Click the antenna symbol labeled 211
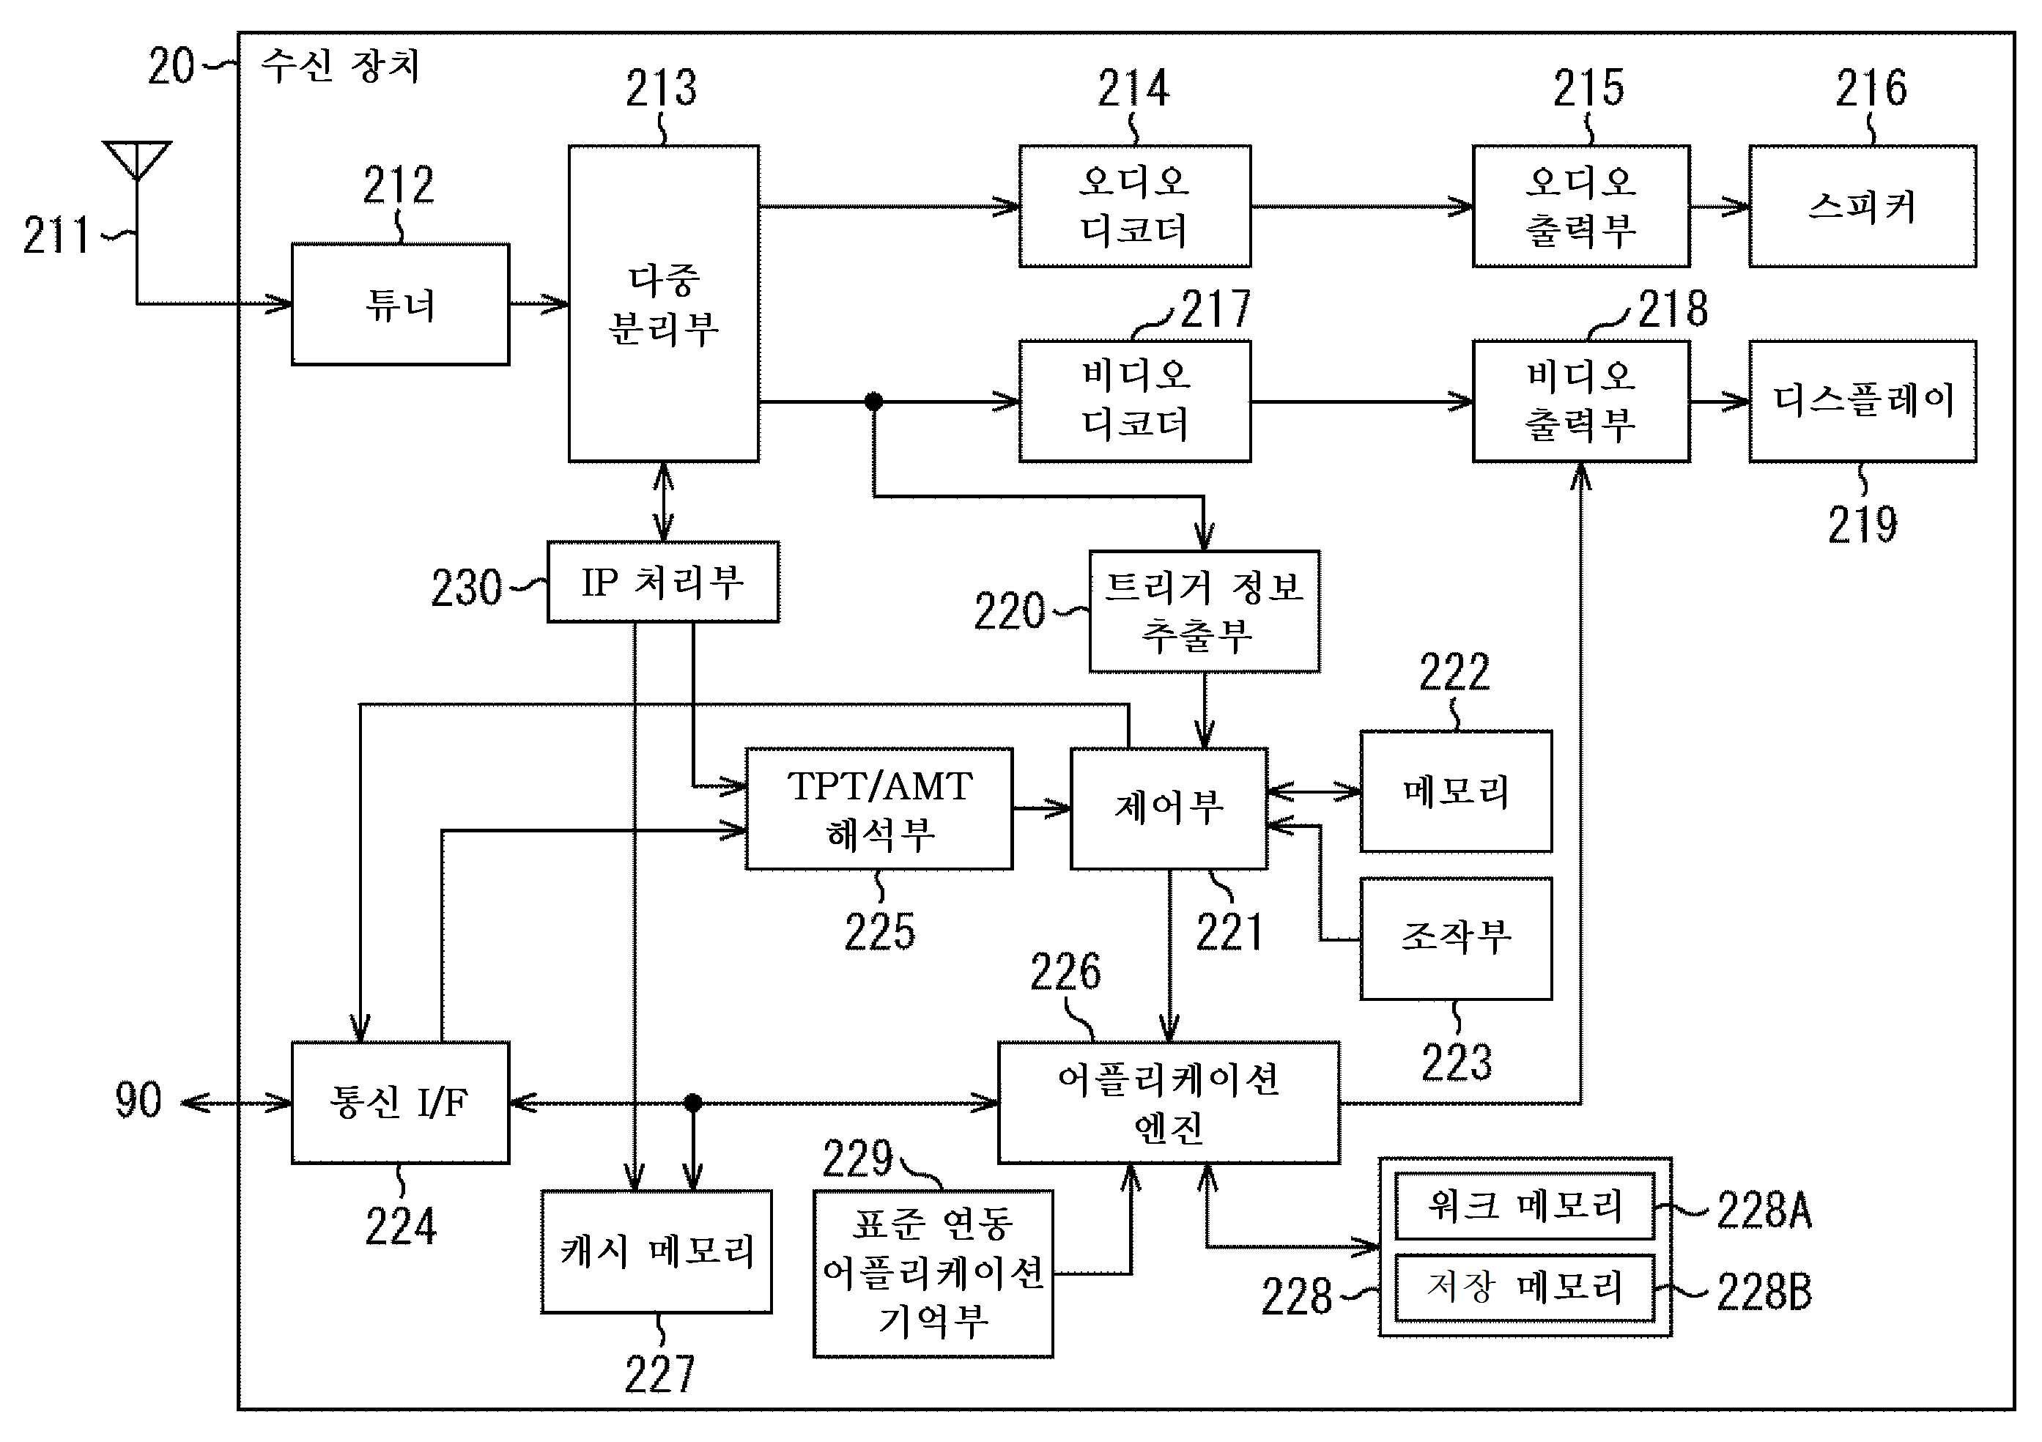[136, 161]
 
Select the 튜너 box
[400, 304]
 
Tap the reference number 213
[661, 88]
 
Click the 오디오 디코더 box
[1134, 207]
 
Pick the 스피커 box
[1862, 207]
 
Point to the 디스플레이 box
[1862, 402]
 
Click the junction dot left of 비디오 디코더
[873, 402]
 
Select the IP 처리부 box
[662, 582]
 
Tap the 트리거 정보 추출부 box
[1205, 611]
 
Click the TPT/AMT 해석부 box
[878, 809]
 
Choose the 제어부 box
[1169, 809]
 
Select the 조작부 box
[1456, 938]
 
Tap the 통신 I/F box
[400, 1103]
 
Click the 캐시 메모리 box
[656, 1251]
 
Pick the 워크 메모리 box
[1525, 1207]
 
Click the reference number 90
[138, 1101]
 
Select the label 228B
[1764, 1292]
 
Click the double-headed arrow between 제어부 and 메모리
[1314, 791]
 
